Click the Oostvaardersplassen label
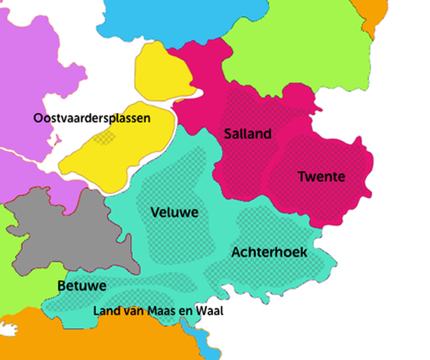click(91, 118)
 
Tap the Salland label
click(248, 134)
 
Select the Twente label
click(321, 177)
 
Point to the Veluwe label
click(174, 213)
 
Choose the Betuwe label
click(82, 286)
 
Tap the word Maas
click(160, 311)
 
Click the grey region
click(70, 231)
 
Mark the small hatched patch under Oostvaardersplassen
click(104, 138)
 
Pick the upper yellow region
click(161, 73)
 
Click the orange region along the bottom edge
click(107, 339)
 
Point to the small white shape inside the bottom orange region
click(8, 329)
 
